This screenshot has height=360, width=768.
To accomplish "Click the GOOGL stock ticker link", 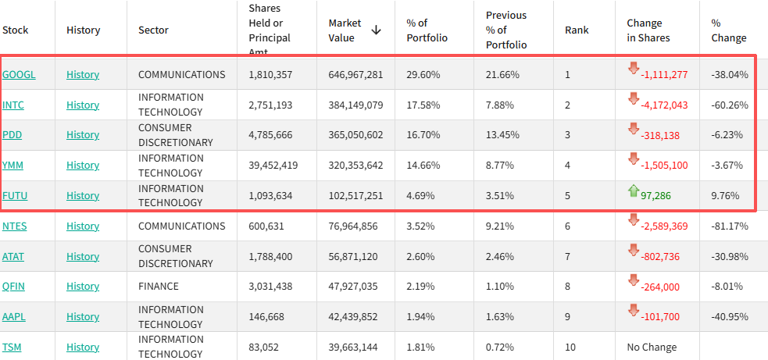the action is click(x=19, y=74).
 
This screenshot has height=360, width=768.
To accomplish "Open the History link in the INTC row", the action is click(x=83, y=105).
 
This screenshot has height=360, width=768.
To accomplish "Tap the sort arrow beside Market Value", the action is click(x=376, y=30).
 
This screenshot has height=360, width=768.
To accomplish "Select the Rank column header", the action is click(x=577, y=30).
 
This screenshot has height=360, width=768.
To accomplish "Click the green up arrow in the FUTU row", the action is click(x=634, y=191).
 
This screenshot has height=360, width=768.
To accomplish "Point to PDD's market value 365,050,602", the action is click(x=355, y=134).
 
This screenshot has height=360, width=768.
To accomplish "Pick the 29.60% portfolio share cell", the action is click(x=423, y=75).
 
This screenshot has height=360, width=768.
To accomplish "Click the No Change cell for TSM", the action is click(x=652, y=348).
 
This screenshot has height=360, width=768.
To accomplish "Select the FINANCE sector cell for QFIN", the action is click(x=158, y=286).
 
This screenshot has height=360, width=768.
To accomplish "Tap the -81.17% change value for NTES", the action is click(x=729, y=226).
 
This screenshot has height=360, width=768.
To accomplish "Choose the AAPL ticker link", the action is click(x=14, y=316).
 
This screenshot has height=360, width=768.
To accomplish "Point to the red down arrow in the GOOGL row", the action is click(x=634, y=69).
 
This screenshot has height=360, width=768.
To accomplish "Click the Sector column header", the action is click(x=153, y=30).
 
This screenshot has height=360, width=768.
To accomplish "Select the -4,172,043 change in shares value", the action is click(x=664, y=105).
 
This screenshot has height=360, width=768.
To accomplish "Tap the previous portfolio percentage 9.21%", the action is click(x=499, y=226).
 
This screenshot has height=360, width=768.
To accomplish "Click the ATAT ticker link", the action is click(x=13, y=256).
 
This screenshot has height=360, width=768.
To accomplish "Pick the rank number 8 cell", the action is click(x=567, y=287).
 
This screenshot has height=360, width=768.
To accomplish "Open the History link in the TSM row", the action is click(x=83, y=347).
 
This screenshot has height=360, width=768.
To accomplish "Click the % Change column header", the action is click(x=729, y=30).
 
